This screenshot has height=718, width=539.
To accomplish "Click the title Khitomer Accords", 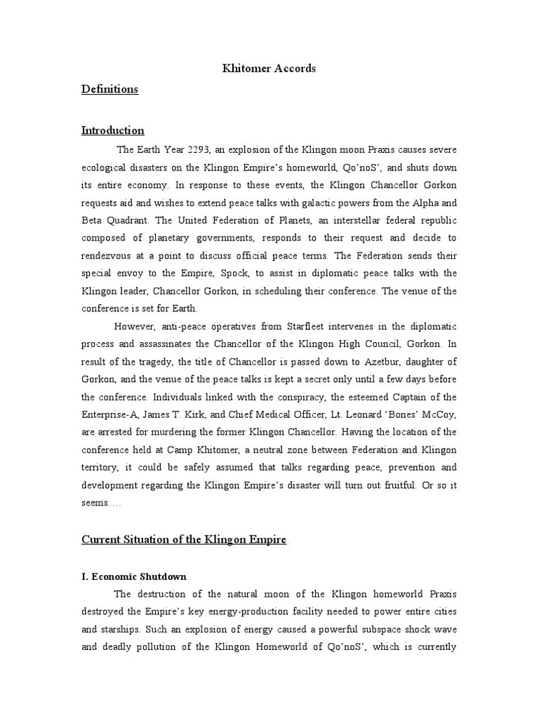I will (x=269, y=69).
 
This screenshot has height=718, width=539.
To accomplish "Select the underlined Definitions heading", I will (x=109, y=89).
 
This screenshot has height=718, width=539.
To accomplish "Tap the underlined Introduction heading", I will (x=113, y=130).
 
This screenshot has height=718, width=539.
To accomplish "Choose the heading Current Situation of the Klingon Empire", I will (x=185, y=539).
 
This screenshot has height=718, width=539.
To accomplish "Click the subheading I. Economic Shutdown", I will (x=134, y=576).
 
